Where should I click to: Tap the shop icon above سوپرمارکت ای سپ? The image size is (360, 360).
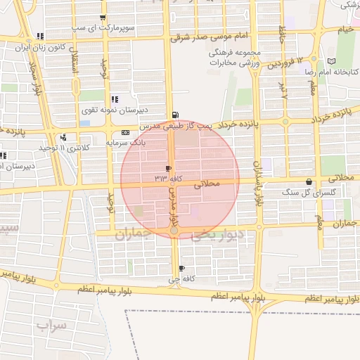point(103,18)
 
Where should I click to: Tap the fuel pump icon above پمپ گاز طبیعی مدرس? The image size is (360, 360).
point(174,115)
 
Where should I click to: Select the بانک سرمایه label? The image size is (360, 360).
point(124,142)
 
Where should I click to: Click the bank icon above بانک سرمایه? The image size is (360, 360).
point(125,132)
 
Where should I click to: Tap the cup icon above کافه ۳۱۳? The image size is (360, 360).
point(168,168)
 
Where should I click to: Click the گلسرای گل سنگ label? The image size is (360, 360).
point(309,191)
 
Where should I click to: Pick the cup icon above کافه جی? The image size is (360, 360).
point(182,269)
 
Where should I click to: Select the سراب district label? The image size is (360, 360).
point(51,326)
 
